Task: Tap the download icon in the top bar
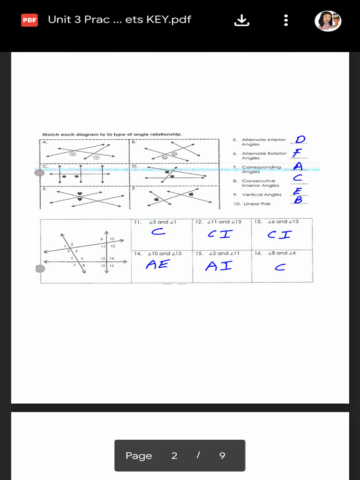pos(242,20)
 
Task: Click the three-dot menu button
pos(286,20)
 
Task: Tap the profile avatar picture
pos(328,21)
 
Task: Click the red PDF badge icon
pos(30,20)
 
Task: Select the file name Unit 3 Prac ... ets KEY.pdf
pos(120,20)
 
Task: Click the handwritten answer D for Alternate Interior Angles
pos(300,139)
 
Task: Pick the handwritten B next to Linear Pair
pos(298,200)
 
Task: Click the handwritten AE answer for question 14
pos(157,265)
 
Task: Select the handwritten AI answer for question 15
pos(218,266)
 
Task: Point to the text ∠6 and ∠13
pos(283,222)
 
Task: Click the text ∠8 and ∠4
pos(282,253)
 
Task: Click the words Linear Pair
pos(257,204)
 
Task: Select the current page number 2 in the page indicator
pos(174,456)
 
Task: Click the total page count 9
pos(222,456)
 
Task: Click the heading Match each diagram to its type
pos(112,135)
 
